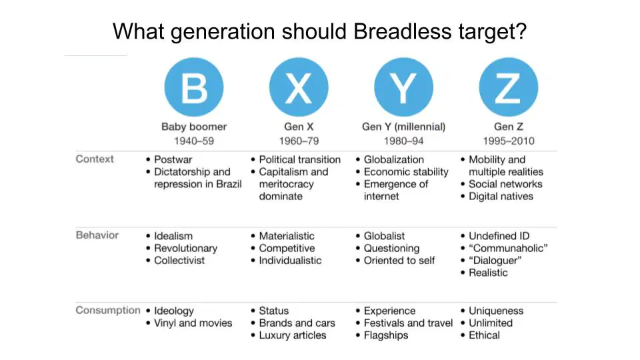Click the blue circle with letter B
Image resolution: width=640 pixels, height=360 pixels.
coord(194,87)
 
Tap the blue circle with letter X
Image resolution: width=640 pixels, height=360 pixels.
coord(299,87)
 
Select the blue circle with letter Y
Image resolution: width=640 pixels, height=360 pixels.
coord(404,87)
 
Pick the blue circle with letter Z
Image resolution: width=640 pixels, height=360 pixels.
coord(509,87)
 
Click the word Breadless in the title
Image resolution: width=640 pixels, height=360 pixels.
coord(403,31)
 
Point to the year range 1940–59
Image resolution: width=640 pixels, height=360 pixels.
coord(194,141)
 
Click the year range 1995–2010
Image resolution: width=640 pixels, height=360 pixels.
coord(509,141)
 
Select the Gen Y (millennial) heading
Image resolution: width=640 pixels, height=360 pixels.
coord(404,127)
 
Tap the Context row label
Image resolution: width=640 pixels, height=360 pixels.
coord(95,159)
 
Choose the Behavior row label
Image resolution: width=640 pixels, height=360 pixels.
coord(97,235)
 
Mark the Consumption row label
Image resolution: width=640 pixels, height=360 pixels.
coord(108,310)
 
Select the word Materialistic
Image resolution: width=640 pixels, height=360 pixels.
coord(287,236)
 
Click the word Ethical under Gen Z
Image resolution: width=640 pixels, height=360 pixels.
coord(484,335)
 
